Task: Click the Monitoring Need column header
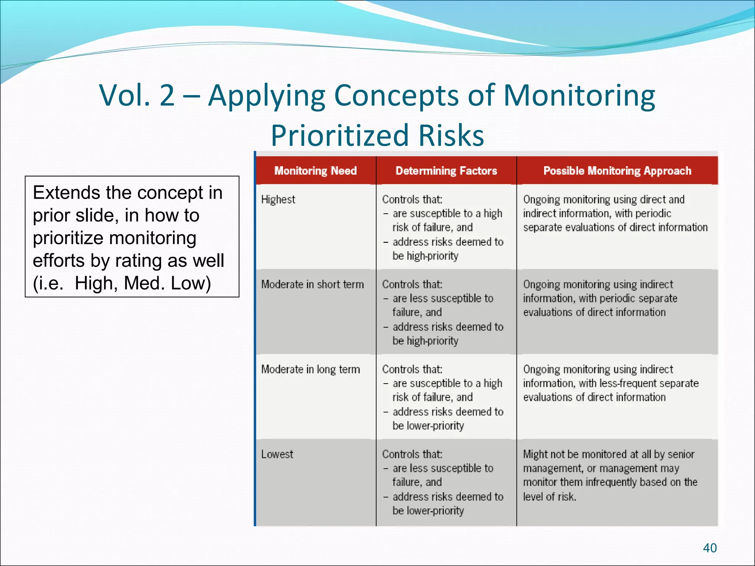pyautogui.click(x=315, y=171)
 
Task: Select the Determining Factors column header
pyautogui.click(x=446, y=171)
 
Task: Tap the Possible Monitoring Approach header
pyautogui.click(x=617, y=171)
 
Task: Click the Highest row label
pyautogui.click(x=278, y=199)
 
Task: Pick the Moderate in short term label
pyautogui.click(x=312, y=284)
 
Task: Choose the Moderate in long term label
pyautogui.click(x=310, y=369)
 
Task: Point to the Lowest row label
pyautogui.click(x=277, y=454)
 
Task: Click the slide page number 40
pyautogui.click(x=710, y=548)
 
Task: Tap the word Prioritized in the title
pyautogui.click(x=340, y=135)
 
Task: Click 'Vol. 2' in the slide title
pyautogui.click(x=137, y=95)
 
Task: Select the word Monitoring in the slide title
pyautogui.click(x=579, y=95)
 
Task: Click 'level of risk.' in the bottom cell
pyautogui.click(x=549, y=497)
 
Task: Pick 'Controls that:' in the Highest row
pyautogui.click(x=412, y=199)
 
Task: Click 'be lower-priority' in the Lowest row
pyautogui.click(x=428, y=511)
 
